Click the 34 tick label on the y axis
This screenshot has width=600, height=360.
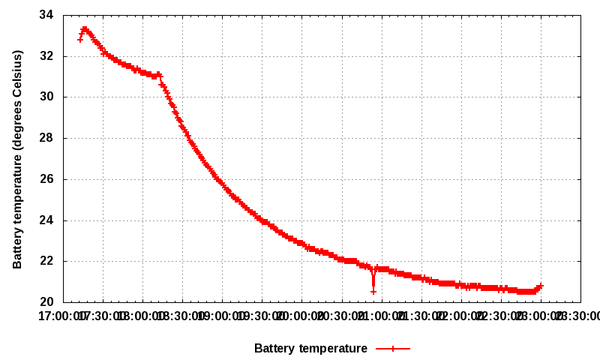(x=46, y=15)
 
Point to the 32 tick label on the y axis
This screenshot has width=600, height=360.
(x=46, y=56)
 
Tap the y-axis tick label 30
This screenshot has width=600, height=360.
(x=46, y=97)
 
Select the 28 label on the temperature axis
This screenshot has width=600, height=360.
(x=46, y=138)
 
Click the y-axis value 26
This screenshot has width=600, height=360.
(x=46, y=179)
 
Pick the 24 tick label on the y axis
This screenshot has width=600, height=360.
(x=46, y=220)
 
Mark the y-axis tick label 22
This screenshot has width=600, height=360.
(x=46, y=261)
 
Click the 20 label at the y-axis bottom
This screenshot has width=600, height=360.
(x=46, y=302)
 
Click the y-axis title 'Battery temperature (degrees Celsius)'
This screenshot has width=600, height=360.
(x=18, y=159)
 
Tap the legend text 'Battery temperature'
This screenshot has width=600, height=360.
(x=310, y=348)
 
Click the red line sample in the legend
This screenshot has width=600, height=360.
(x=392, y=348)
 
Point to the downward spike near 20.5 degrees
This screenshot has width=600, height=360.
(x=373, y=291)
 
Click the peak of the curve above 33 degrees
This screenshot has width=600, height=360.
(x=85, y=28)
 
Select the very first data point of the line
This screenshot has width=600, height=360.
(x=80, y=40)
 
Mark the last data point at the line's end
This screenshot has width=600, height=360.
(x=541, y=286)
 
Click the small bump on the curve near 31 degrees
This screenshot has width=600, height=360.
(x=158, y=74)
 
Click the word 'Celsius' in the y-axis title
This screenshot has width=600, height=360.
(x=18, y=74)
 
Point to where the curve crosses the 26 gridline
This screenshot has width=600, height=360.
(x=217, y=179)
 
